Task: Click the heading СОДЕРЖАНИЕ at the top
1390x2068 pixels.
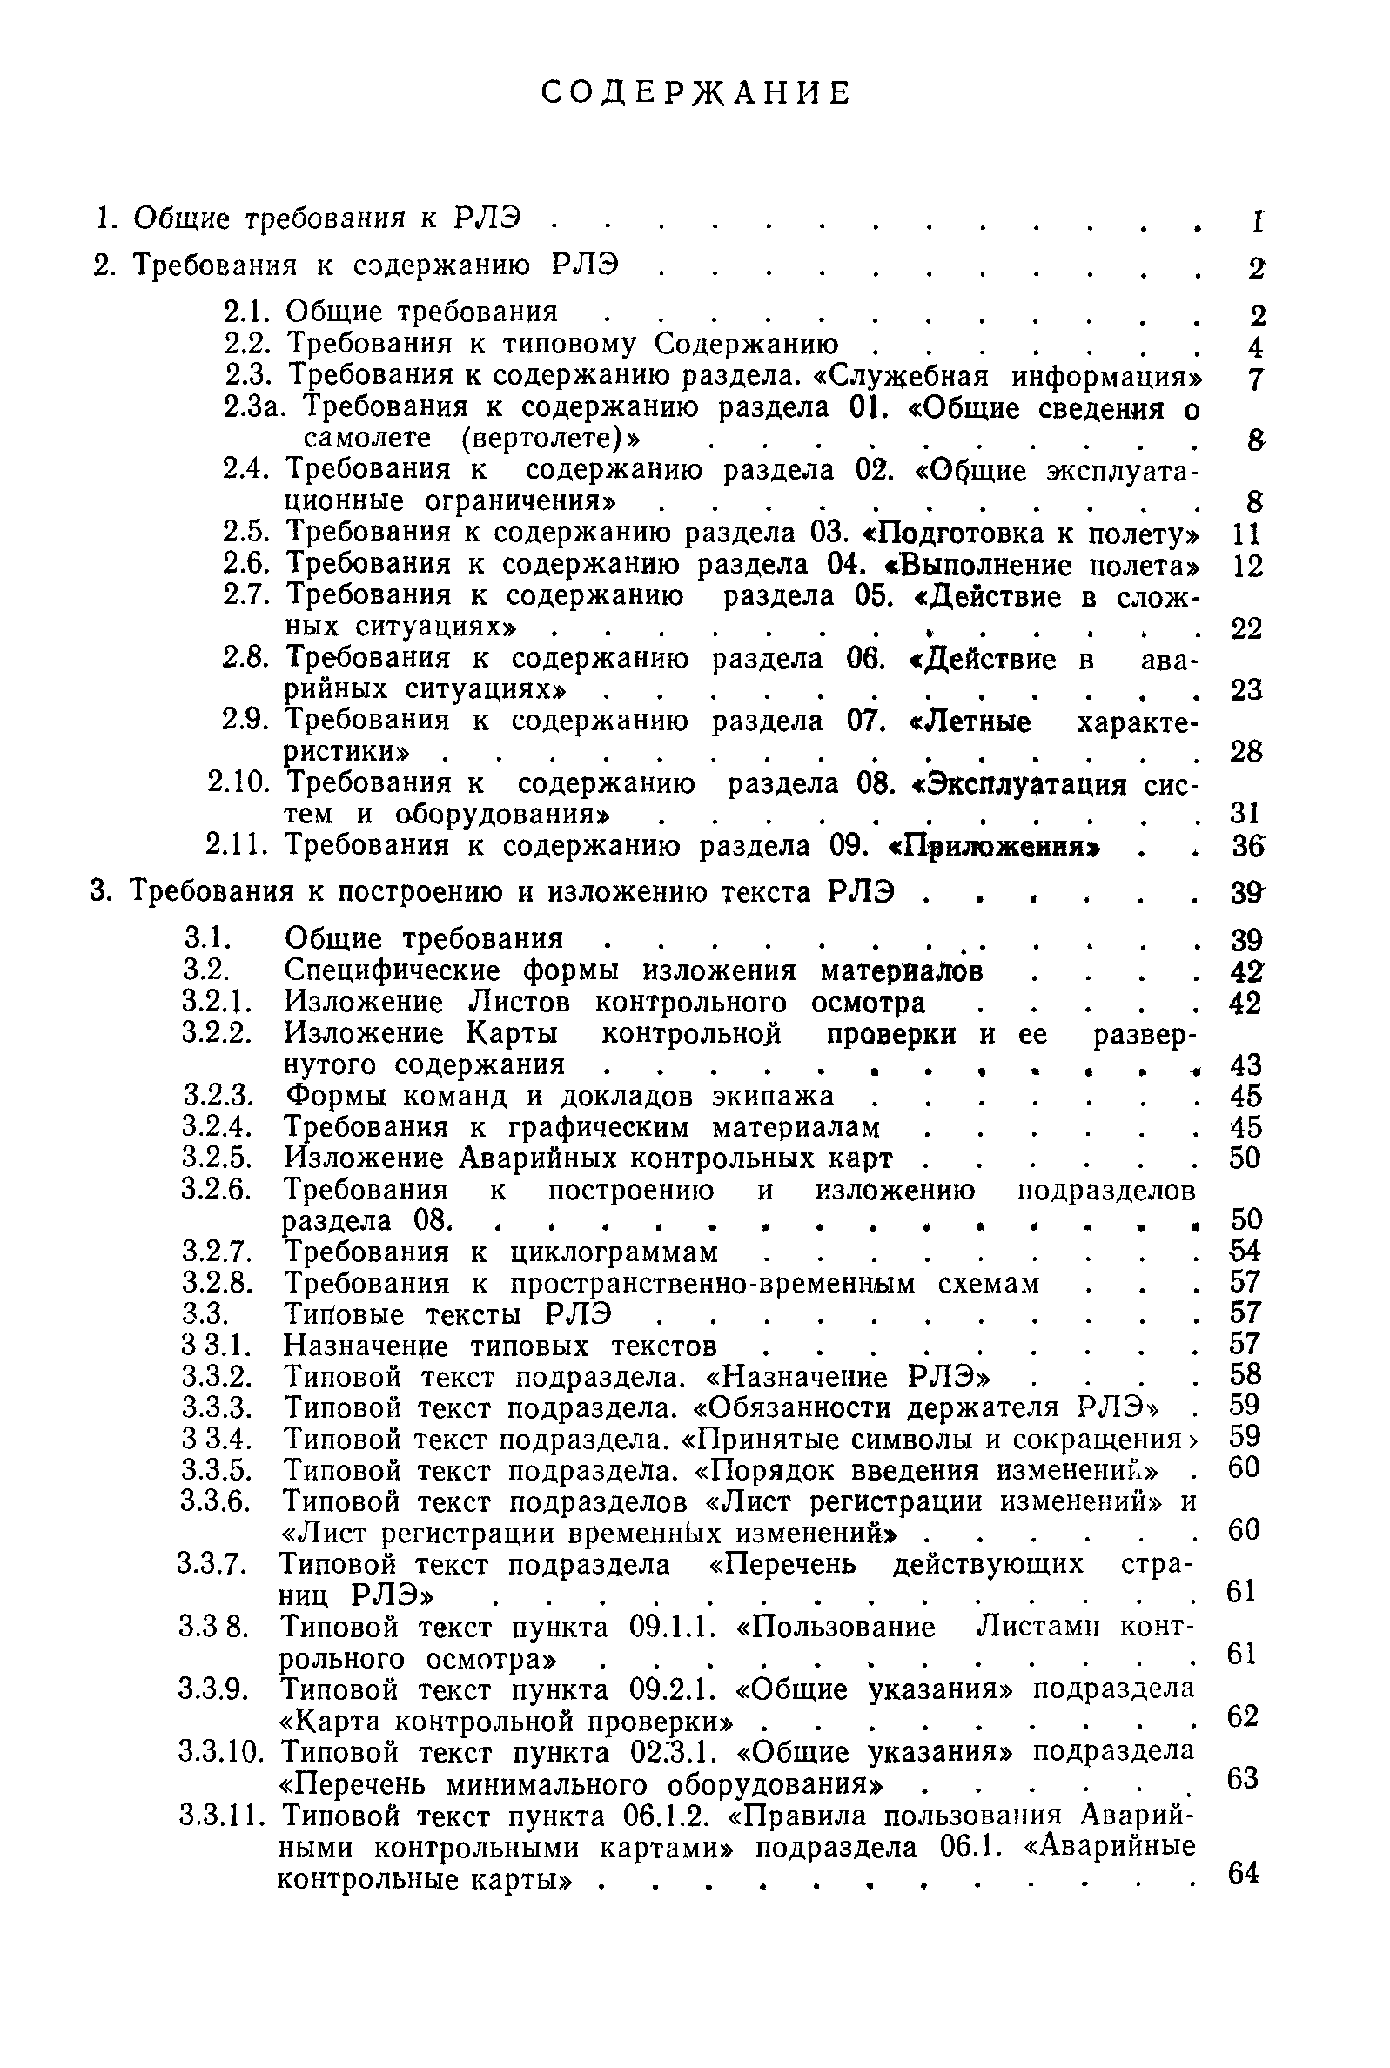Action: (x=696, y=92)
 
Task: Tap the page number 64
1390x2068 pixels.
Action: (x=1243, y=1873)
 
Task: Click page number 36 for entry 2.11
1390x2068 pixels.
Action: (x=1246, y=847)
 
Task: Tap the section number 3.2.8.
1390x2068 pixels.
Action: (x=218, y=1283)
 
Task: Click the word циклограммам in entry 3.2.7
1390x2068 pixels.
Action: (x=614, y=1252)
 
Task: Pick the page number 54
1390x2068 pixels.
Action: (x=1246, y=1251)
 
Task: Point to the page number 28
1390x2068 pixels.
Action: (x=1246, y=752)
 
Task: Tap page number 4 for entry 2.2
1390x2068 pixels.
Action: (x=1254, y=346)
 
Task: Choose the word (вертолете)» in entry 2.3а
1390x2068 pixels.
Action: (x=547, y=438)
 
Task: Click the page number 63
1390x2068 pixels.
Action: (x=1243, y=1778)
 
